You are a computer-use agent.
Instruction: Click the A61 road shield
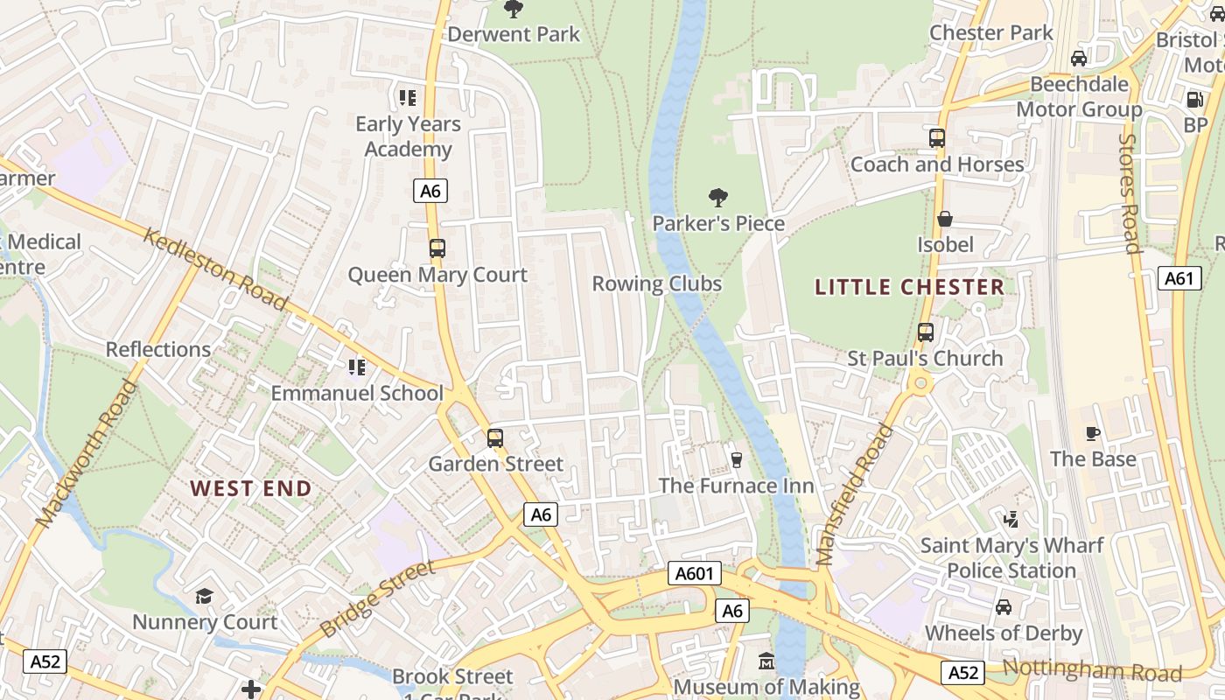click(1180, 278)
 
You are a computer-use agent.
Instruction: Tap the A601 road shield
click(695, 574)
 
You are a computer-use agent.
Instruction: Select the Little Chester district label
click(909, 287)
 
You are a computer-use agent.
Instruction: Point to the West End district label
click(251, 488)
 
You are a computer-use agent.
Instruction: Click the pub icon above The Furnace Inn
click(736, 459)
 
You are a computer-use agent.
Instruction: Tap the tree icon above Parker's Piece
click(718, 198)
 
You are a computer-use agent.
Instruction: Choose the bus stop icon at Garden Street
click(495, 437)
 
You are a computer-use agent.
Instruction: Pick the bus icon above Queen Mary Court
click(437, 248)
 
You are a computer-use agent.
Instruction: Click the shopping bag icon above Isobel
click(945, 219)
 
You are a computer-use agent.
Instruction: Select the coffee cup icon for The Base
click(1093, 433)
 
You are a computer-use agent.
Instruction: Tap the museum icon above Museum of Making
click(766, 661)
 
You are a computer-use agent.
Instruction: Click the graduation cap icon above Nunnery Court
click(204, 596)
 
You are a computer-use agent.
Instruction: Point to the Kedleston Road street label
click(215, 269)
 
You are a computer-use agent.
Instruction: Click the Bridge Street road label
click(377, 598)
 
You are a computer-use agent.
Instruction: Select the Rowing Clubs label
click(656, 283)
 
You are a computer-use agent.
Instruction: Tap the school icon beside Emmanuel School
click(356, 367)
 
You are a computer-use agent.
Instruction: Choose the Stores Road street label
click(1130, 192)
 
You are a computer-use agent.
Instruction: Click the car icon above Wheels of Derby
click(1004, 607)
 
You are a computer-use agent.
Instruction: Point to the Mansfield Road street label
click(855, 493)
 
